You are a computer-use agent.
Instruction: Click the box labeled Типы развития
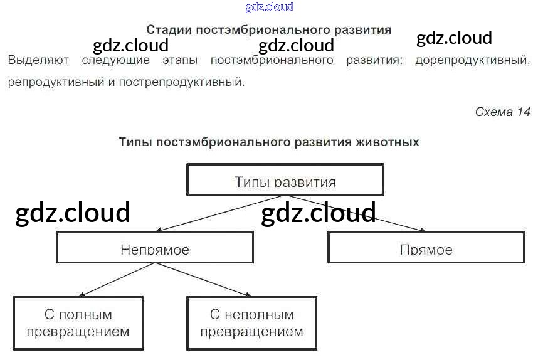coord(285,180)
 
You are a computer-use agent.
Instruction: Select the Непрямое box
coord(155,248)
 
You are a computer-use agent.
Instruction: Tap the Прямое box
coord(426,248)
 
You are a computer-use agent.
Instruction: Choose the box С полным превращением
coord(78,322)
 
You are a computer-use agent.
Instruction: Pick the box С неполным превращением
coord(251,322)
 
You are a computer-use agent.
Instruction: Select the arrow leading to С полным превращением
coord(116,279)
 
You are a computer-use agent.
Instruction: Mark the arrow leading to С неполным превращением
coord(202,280)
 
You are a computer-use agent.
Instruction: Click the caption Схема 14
coord(502,112)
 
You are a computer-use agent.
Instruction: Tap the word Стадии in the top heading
coord(169,30)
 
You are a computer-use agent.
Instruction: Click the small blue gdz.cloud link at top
coord(269,8)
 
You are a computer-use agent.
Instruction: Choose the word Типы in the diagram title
coord(135,142)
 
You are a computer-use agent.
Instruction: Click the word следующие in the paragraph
coord(116,61)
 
